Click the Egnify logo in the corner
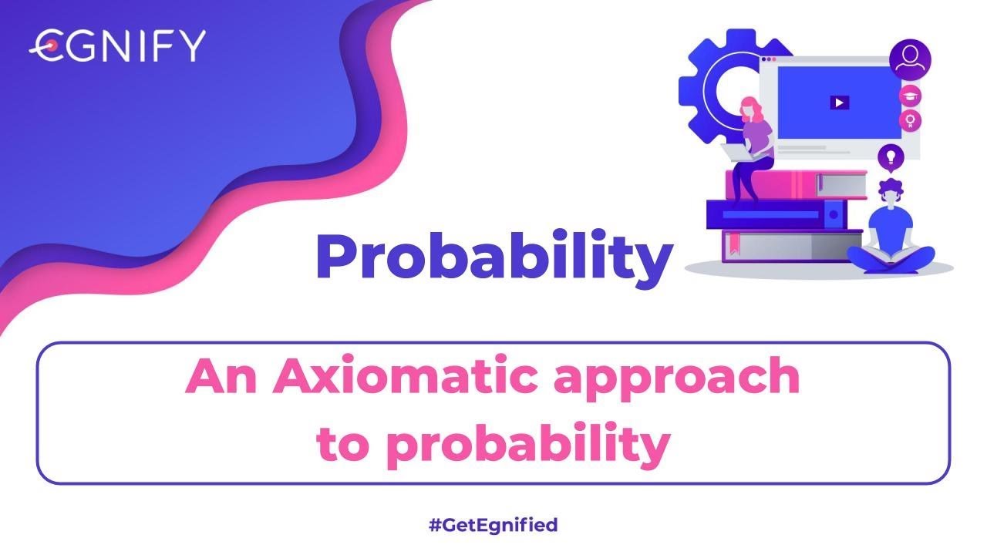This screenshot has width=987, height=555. click(x=117, y=46)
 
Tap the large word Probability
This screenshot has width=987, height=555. click(x=493, y=256)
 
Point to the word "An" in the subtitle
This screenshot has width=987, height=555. click(x=223, y=378)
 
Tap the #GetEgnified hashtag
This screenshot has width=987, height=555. click(x=493, y=526)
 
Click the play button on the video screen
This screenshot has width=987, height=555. click(x=839, y=102)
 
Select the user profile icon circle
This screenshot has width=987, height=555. click(x=910, y=59)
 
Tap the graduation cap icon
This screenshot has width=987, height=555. click(x=911, y=95)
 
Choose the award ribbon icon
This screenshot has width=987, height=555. click(x=911, y=120)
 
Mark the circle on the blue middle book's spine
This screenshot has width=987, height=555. click(x=833, y=214)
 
